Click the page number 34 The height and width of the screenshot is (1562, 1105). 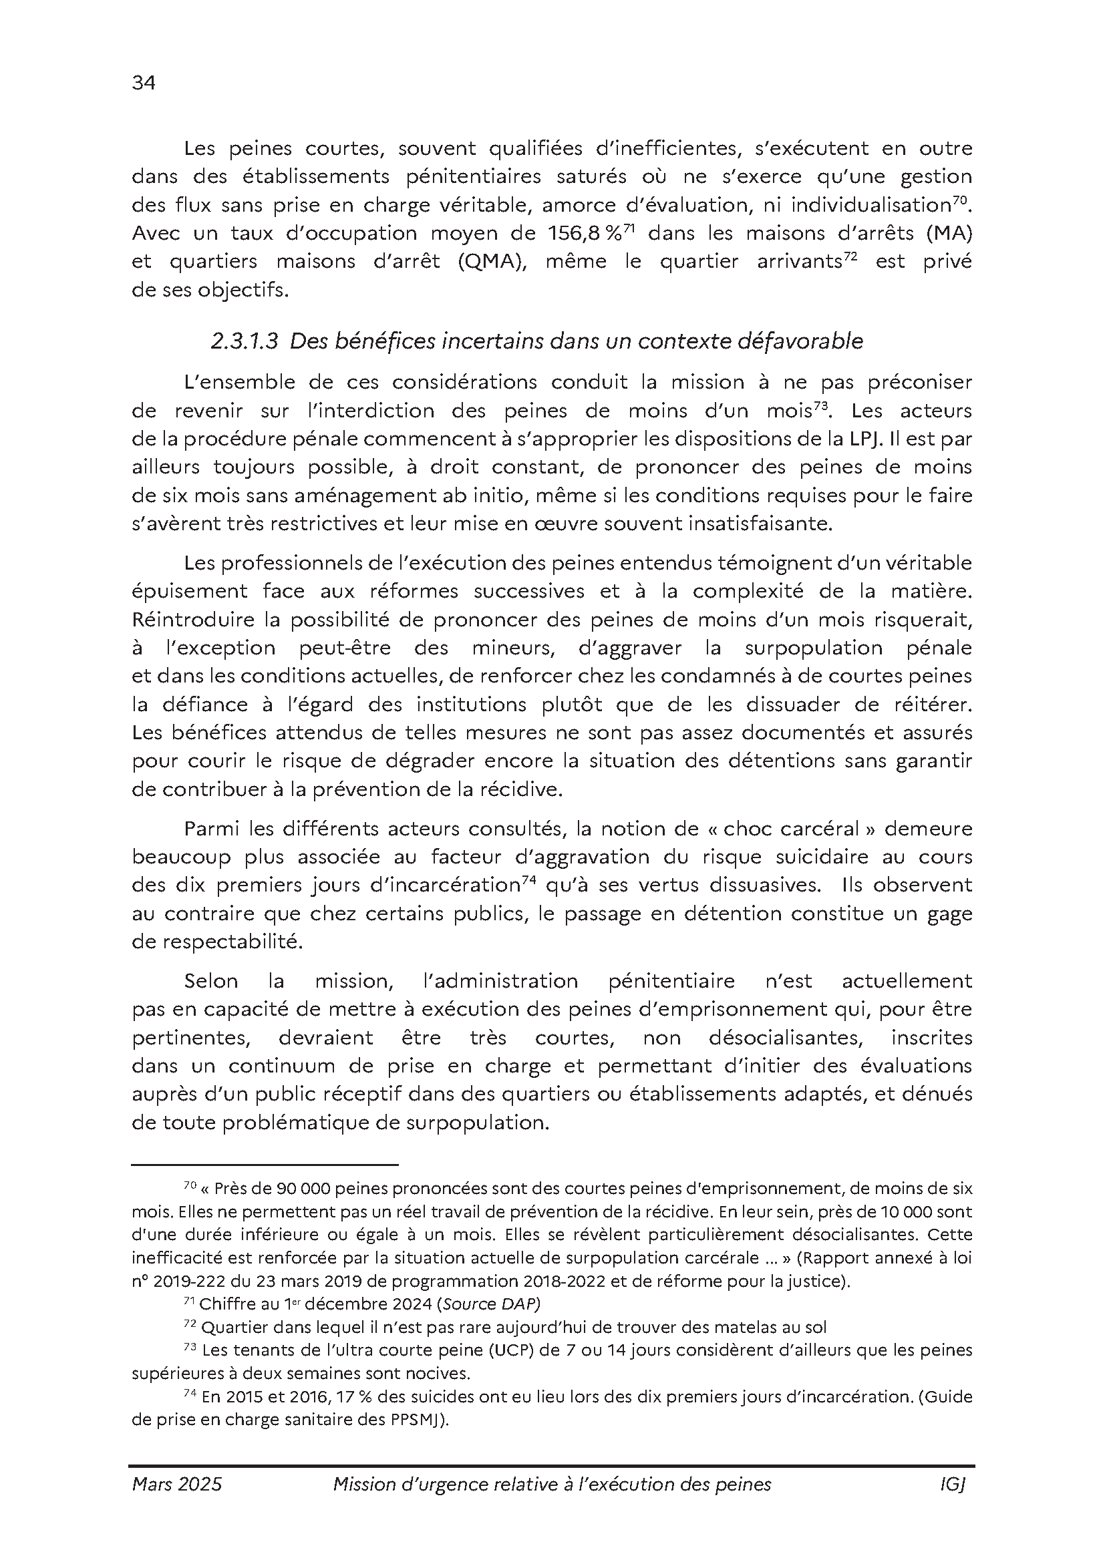click(x=144, y=83)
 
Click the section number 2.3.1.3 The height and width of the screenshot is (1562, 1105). click(x=245, y=341)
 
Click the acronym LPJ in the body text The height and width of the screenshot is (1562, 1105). click(x=862, y=439)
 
